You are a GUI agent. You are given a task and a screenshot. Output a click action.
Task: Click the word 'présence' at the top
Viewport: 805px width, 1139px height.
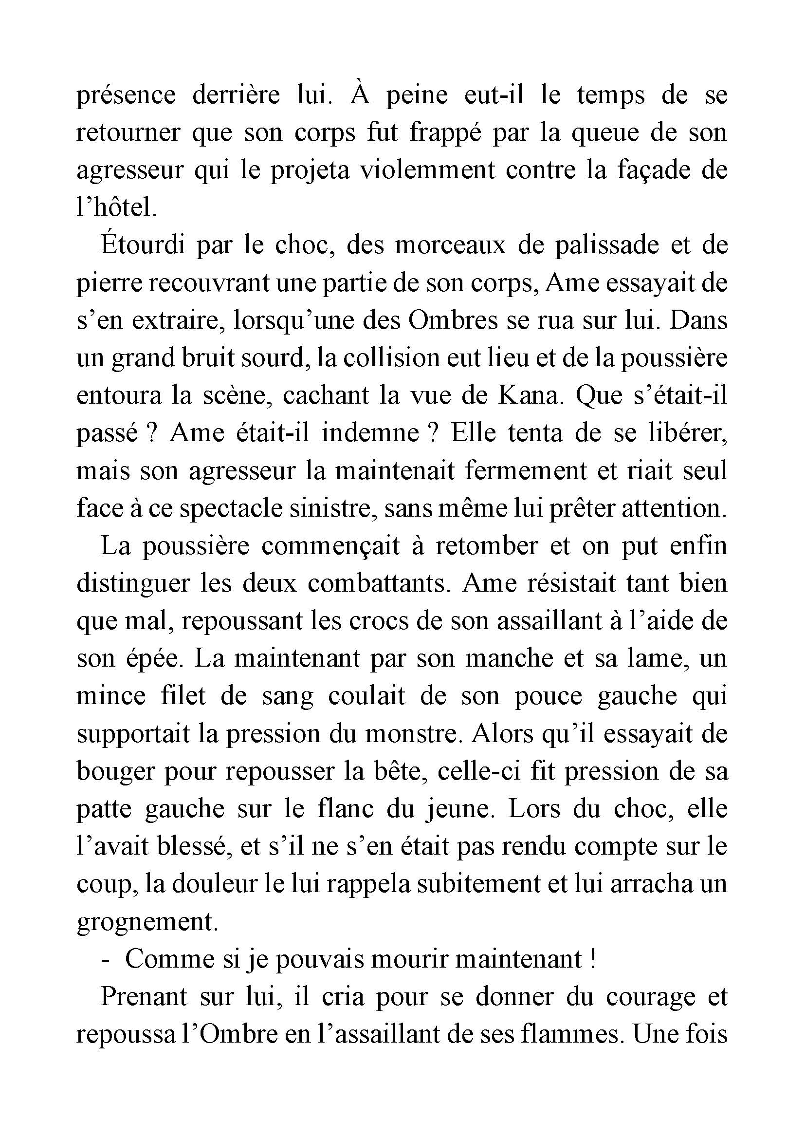pyautogui.click(x=126, y=96)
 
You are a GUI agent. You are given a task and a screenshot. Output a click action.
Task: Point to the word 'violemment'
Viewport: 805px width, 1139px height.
pyautogui.click(x=427, y=170)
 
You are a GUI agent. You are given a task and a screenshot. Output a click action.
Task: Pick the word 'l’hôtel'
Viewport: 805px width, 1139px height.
pyautogui.click(x=116, y=208)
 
